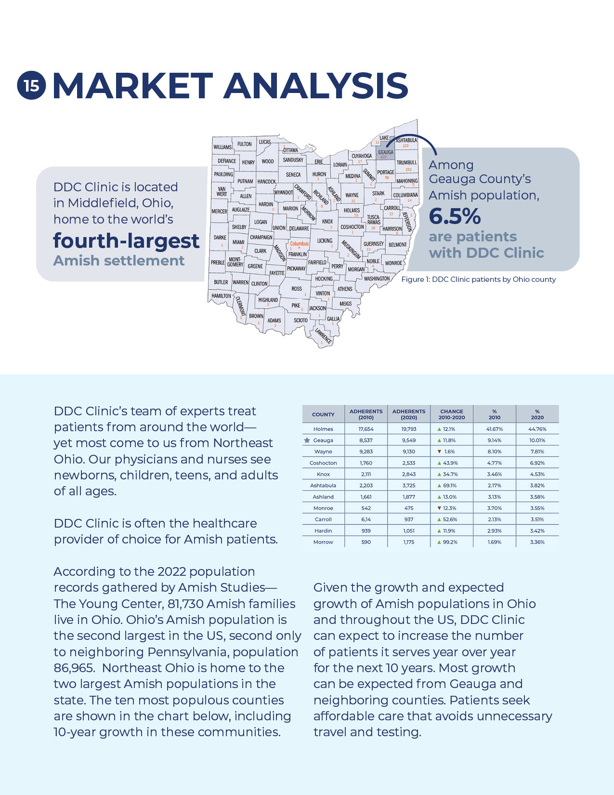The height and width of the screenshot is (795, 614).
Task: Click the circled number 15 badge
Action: (31, 86)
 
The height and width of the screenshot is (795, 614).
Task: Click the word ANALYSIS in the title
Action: (316, 86)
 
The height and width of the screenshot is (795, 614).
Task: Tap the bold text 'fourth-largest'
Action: (126, 240)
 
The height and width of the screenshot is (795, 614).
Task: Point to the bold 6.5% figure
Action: (455, 216)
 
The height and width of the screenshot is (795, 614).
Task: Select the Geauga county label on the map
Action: (385, 152)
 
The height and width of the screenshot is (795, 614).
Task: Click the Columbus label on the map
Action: (299, 244)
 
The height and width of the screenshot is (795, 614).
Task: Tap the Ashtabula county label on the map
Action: (406, 140)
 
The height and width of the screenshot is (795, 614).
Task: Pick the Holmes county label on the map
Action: (352, 210)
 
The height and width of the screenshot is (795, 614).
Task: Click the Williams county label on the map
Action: (222, 147)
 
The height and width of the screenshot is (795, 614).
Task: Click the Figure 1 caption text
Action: (478, 279)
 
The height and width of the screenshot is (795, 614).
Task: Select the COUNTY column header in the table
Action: (323, 414)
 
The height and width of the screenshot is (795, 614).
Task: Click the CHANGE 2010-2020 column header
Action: (452, 414)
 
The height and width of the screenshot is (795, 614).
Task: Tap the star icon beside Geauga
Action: (307, 440)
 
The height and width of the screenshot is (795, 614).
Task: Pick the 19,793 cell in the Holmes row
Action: (409, 429)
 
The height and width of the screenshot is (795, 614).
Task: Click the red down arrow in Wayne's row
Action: (439, 451)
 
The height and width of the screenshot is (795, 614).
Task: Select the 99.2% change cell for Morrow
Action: (450, 542)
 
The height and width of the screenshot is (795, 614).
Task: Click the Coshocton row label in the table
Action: (323, 463)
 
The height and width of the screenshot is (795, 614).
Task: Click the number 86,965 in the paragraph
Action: (74, 668)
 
